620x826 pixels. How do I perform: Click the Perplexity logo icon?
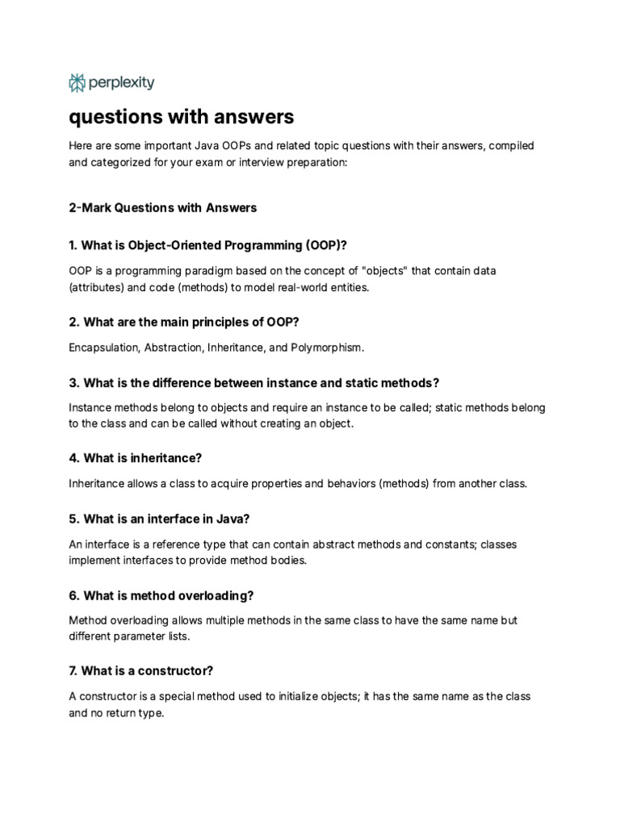point(77,82)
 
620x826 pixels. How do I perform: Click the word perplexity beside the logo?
point(122,82)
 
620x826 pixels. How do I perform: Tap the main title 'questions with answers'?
point(182,118)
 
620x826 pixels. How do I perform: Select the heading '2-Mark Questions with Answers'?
point(163,207)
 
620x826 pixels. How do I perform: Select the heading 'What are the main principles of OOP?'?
point(184,322)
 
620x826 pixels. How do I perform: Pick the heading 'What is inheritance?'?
point(136,458)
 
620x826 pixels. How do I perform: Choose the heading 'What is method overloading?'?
point(161,595)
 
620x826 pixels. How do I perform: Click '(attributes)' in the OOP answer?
point(98,287)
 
